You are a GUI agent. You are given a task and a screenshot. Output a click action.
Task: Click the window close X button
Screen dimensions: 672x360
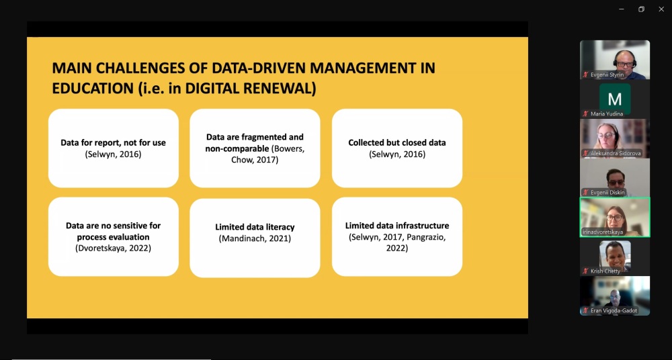(661, 9)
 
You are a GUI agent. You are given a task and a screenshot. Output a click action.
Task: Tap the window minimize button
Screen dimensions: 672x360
(622, 9)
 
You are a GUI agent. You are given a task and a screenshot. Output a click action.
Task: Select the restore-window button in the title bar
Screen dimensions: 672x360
(641, 9)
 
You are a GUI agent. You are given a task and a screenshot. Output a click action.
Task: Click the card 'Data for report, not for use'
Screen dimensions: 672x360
(114, 148)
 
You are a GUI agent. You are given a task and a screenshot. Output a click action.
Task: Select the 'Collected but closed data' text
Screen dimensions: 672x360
(397, 142)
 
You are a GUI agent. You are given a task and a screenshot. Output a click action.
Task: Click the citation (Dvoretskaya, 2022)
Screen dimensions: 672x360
(114, 248)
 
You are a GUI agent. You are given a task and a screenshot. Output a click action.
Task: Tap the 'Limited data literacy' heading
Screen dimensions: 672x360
(255, 227)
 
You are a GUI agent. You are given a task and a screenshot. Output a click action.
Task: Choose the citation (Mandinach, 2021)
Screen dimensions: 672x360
(255, 238)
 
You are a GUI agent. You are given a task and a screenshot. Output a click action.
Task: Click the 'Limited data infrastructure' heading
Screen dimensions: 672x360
(397, 226)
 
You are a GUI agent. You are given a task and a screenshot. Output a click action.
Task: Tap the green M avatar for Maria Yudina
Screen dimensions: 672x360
(615, 99)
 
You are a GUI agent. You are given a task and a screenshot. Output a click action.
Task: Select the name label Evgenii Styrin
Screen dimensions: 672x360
(607, 75)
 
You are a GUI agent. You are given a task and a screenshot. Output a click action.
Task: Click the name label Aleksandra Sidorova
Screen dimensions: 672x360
(616, 153)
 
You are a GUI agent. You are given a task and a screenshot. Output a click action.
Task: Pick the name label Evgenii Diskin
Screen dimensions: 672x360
(608, 193)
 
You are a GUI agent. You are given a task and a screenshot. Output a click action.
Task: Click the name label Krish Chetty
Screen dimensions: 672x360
(605, 271)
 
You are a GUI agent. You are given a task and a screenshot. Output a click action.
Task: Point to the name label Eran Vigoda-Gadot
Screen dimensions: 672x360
(614, 310)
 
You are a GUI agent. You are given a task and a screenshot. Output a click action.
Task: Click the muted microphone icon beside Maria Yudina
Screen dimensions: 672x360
(585, 114)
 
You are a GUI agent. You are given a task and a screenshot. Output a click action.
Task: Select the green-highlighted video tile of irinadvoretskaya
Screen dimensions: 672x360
(615, 217)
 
